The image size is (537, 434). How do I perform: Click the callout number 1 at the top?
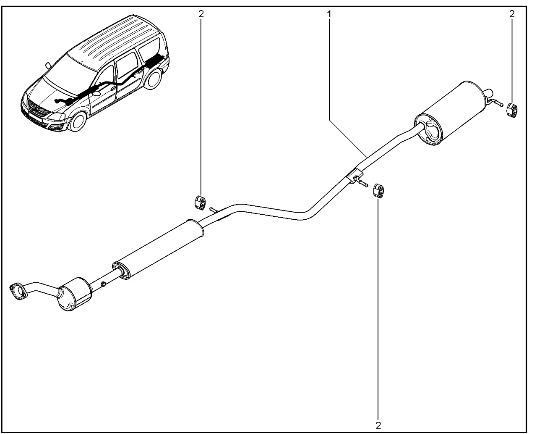(x=329, y=14)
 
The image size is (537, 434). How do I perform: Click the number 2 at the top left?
(x=201, y=14)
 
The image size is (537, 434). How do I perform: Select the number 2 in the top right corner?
(x=512, y=14)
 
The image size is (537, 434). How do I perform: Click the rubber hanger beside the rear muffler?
(x=512, y=110)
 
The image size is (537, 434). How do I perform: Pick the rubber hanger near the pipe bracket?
(x=378, y=191)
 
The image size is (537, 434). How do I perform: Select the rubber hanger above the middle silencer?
(x=200, y=203)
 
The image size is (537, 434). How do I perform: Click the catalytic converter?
(x=75, y=294)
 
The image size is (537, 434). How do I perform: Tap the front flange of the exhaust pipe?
(x=18, y=292)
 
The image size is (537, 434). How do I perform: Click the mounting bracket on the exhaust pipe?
(x=355, y=174)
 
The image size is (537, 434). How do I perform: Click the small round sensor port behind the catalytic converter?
(x=103, y=284)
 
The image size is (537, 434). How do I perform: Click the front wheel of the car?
(x=79, y=122)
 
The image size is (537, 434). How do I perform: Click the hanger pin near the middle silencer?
(x=214, y=209)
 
